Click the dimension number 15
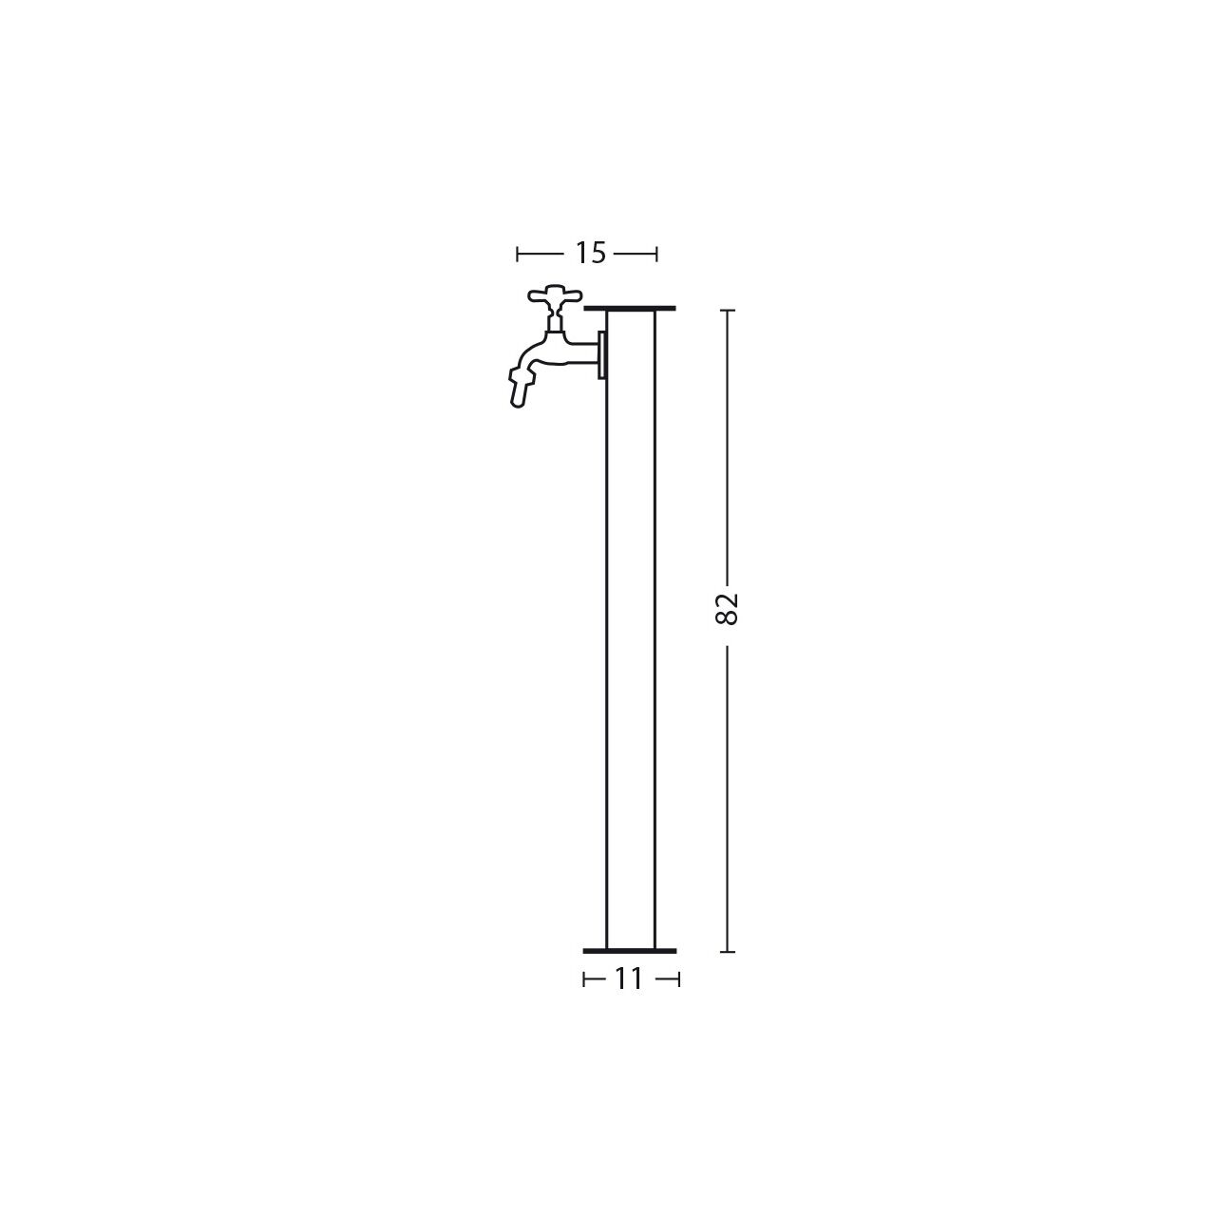coord(590,253)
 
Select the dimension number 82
coord(727,608)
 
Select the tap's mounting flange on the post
coord(601,355)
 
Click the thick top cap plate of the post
coord(630,309)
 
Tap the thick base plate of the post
coord(630,951)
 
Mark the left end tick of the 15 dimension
coord(518,254)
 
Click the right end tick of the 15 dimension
coord(656,254)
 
